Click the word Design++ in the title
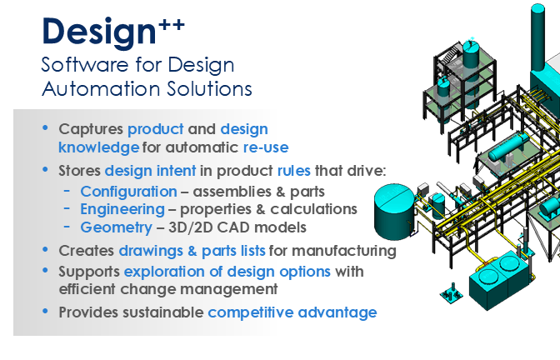(113, 32)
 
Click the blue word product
(156, 129)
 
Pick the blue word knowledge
(99, 147)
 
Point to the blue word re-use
(266, 147)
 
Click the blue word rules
(294, 171)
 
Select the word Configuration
(129, 192)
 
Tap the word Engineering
(122, 210)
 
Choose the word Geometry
(117, 227)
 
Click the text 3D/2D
(190, 227)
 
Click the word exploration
(164, 272)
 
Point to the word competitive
(251, 312)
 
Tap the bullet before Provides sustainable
(45, 312)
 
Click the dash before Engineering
(67, 208)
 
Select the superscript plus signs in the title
(172, 25)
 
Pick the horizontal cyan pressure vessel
(509, 147)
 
